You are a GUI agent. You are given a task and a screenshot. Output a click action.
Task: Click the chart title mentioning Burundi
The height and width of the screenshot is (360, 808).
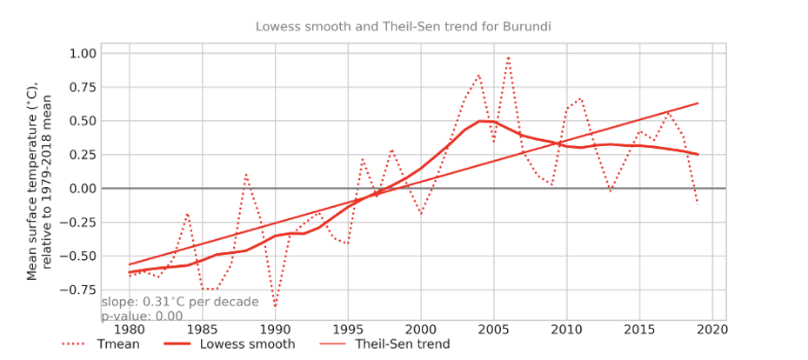[404, 26]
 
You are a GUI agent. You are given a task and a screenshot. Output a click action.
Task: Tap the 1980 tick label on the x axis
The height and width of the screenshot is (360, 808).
[129, 331]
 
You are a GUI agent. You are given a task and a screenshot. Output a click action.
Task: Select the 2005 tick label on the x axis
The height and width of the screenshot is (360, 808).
[494, 331]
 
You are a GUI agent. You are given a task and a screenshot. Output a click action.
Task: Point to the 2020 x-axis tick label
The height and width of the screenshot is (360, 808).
[712, 331]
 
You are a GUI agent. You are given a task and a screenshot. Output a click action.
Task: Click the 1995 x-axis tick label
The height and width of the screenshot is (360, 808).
[348, 331]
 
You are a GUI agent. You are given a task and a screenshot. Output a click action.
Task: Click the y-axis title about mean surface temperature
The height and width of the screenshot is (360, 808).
[39, 181]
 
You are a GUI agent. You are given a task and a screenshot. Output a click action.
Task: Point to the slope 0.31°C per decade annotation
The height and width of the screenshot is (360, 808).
[180, 303]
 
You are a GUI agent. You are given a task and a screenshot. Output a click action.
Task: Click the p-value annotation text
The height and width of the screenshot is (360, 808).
[142, 317]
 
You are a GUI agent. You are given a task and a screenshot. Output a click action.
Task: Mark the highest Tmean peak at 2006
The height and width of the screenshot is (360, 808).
[508, 57]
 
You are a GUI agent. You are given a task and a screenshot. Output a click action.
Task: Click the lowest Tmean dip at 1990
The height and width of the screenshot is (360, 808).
[275, 306]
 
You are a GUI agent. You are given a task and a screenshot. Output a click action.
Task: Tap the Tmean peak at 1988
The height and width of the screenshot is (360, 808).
[246, 175]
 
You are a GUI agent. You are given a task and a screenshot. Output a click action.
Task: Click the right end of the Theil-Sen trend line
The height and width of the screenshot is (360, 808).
[698, 103]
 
